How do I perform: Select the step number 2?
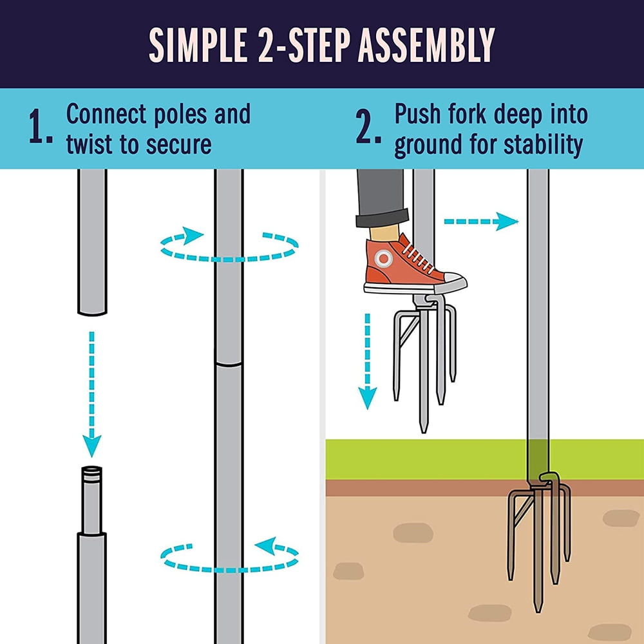click(369, 129)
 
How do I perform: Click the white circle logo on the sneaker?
click(383, 259)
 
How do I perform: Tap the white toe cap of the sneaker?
click(453, 281)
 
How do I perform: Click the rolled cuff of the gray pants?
click(383, 217)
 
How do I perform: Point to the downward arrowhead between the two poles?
click(92, 444)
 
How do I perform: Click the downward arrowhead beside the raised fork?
click(366, 399)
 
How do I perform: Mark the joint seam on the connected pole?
click(229, 365)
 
